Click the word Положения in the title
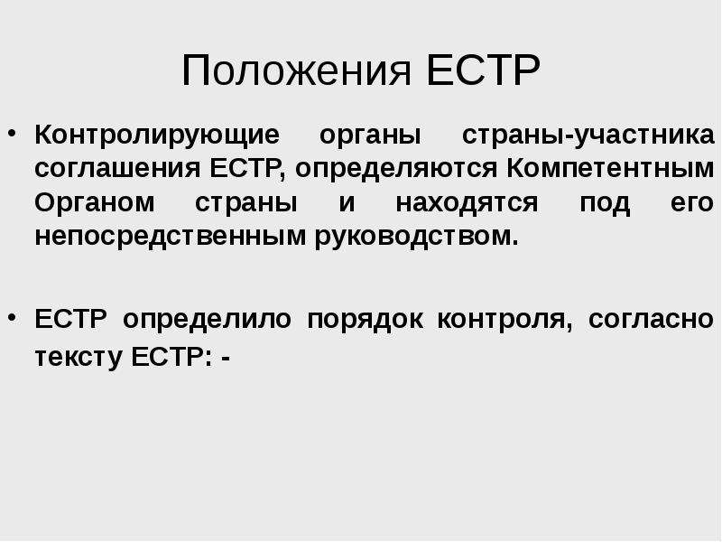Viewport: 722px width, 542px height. coord(296,71)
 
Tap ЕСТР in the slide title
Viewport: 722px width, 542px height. coord(483,70)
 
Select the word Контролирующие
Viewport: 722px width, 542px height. coord(157,135)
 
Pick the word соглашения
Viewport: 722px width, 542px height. coord(117,169)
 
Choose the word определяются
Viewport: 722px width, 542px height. coord(396,170)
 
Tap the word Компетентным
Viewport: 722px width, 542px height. coord(610,168)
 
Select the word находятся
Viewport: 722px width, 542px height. coord(467,203)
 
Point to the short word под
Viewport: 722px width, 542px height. coord(604,203)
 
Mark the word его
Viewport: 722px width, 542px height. coord(692,203)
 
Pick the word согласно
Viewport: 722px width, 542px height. coord(651,320)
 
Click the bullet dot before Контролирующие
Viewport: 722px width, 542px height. coord(13,134)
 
